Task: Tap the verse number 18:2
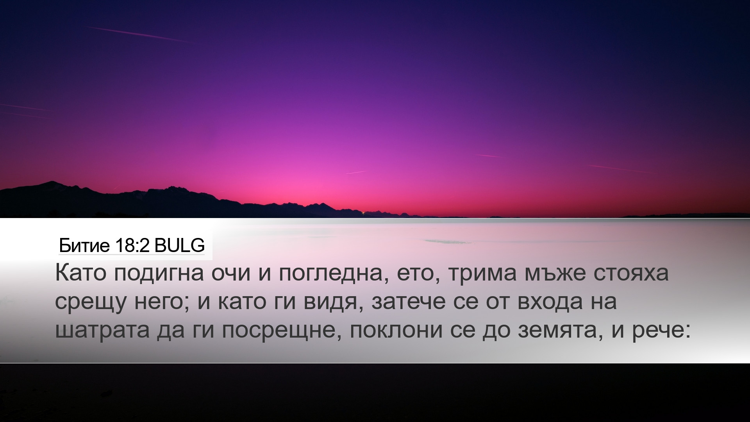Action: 132,246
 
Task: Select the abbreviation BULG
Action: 179,246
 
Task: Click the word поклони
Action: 396,331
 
